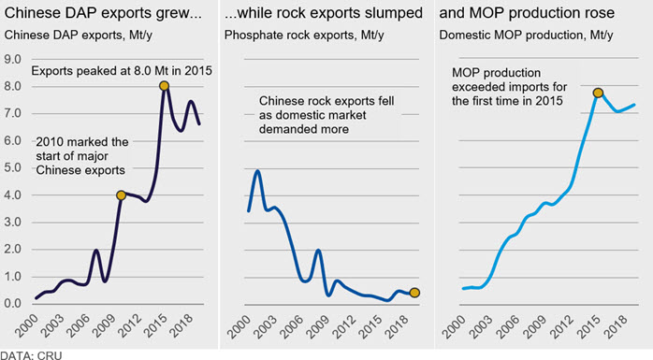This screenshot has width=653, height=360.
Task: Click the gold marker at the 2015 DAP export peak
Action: [x=164, y=86]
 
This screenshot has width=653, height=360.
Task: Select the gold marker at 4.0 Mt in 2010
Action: [x=121, y=195]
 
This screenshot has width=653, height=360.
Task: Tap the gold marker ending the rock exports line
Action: [x=414, y=293]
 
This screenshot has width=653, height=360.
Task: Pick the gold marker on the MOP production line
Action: [x=598, y=93]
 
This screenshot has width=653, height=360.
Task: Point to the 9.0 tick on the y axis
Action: [x=12, y=59]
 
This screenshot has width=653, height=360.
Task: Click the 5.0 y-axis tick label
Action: [x=12, y=167]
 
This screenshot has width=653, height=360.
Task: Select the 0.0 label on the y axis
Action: [x=12, y=303]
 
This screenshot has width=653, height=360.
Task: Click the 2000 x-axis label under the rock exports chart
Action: [x=239, y=326]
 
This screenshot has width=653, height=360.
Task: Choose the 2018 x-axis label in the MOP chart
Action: [x=616, y=326]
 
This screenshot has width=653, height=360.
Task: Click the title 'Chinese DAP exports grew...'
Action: [x=103, y=13]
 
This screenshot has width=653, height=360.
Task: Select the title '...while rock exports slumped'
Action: [x=324, y=13]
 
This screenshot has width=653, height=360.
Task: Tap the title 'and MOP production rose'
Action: [x=527, y=13]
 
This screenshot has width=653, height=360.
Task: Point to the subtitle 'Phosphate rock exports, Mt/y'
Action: [x=304, y=35]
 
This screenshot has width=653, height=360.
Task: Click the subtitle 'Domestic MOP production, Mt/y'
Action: [x=526, y=35]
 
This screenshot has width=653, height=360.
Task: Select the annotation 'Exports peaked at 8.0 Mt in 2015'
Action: [x=122, y=71]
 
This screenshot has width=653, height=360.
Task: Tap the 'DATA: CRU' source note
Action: [x=31, y=356]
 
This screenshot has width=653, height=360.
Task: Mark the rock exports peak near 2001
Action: [x=258, y=170]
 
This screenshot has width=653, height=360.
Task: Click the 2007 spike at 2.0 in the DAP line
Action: [x=96, y=250]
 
